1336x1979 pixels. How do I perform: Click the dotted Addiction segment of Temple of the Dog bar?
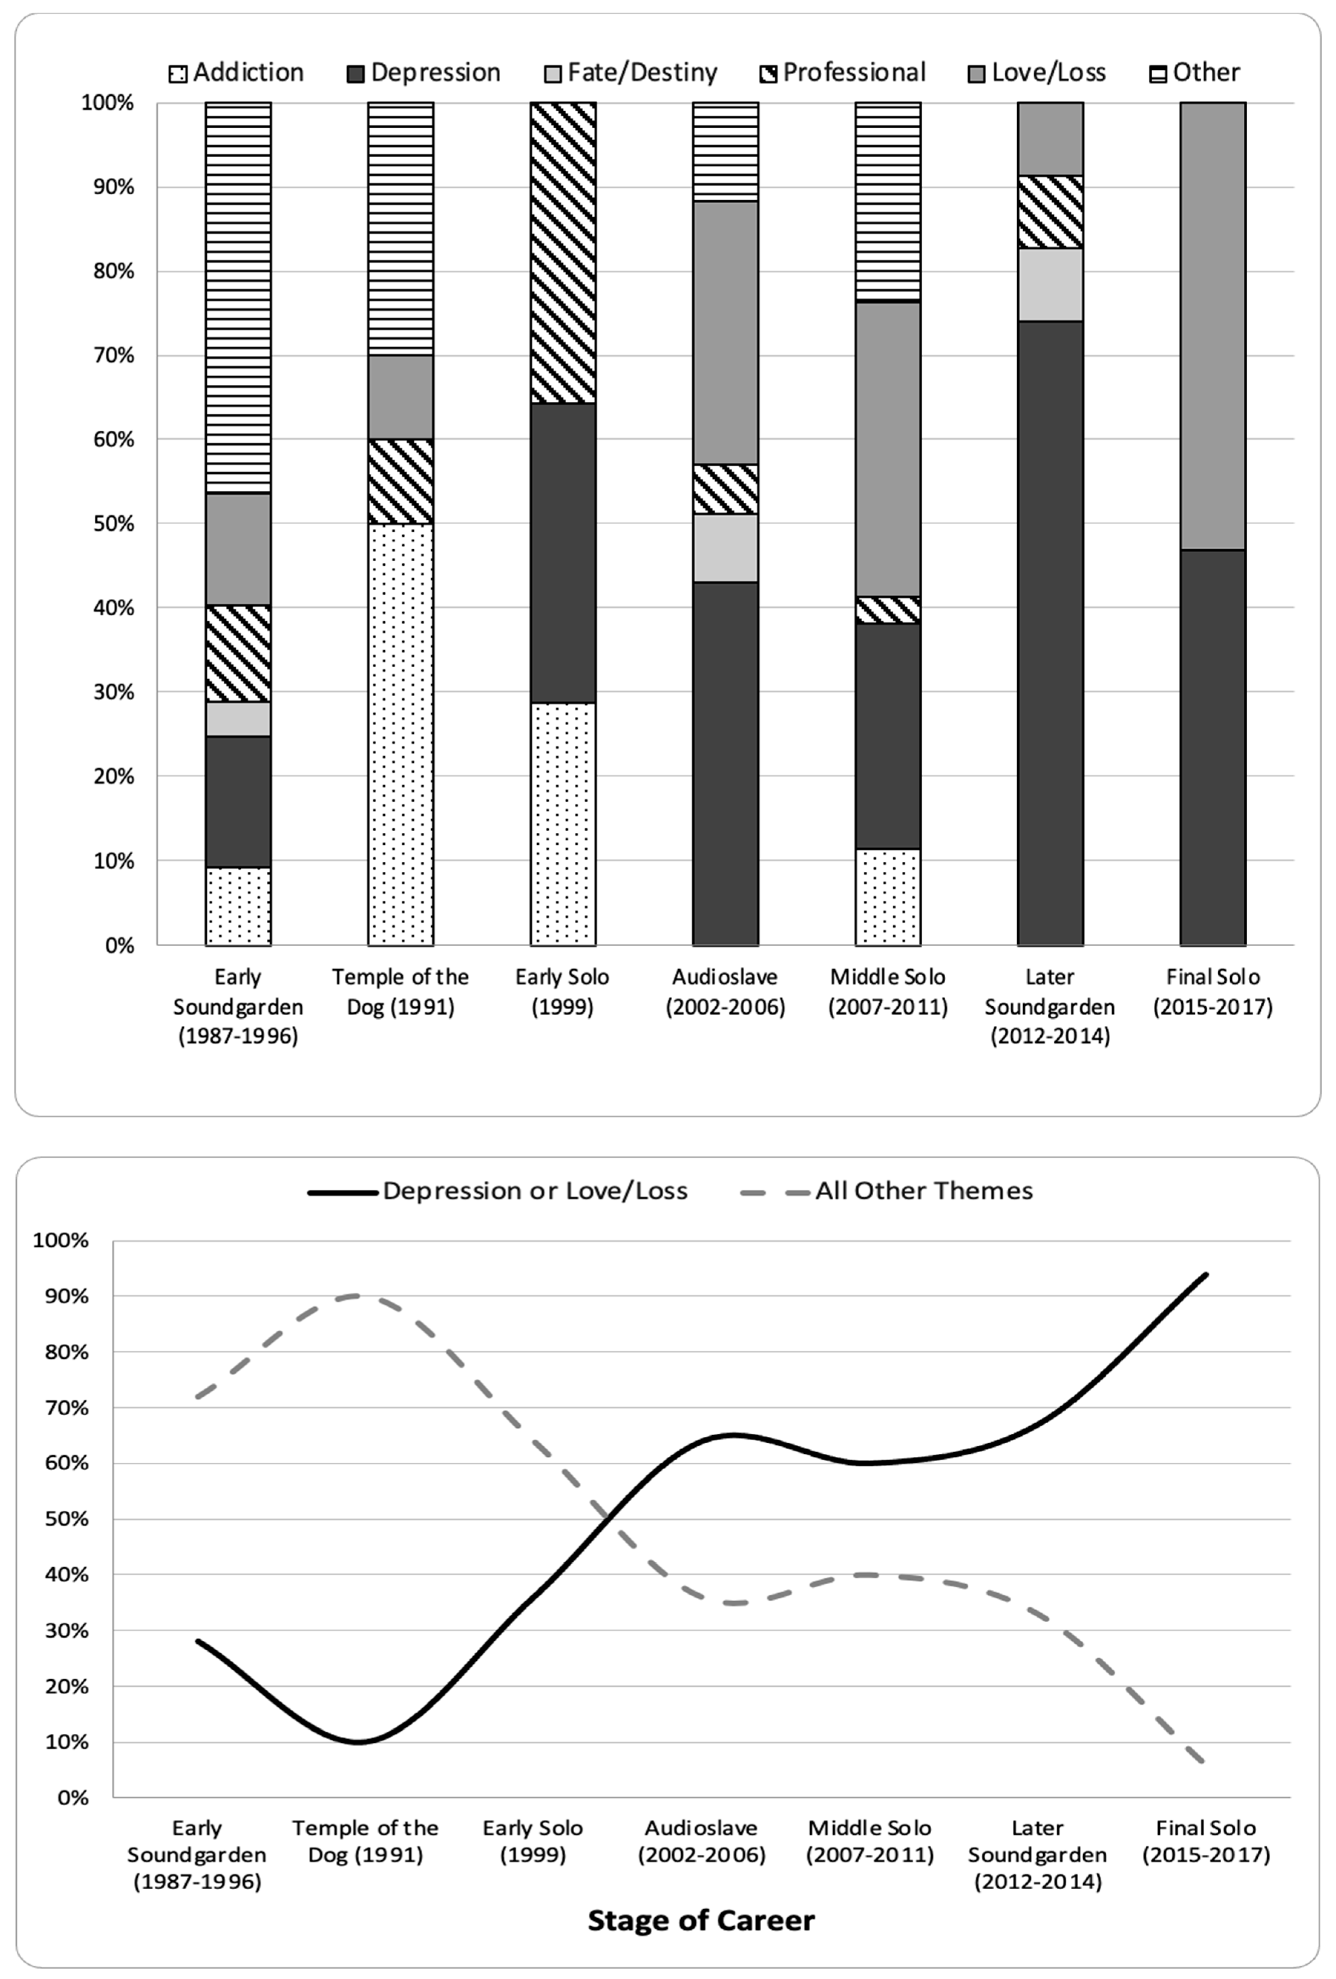click(400, 734)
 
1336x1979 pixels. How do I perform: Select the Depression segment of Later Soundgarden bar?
click(1050, 633)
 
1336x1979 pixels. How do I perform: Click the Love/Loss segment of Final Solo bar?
click(1212, 326)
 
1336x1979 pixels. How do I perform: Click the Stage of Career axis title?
click(701, 1920)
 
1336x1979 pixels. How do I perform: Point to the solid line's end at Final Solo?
click(1206, 1275)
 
